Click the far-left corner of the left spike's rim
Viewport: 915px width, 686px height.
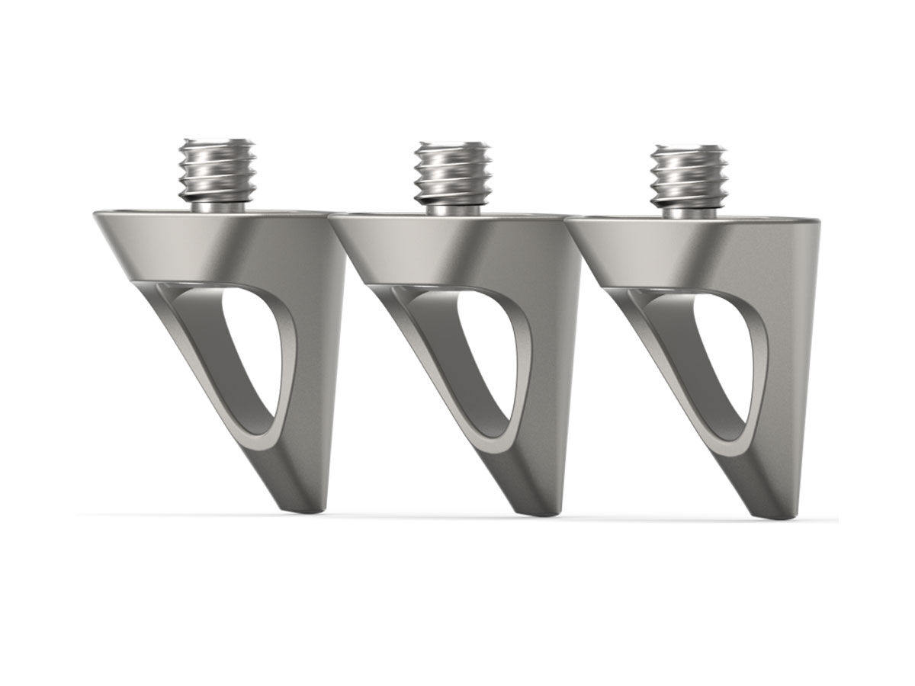95,215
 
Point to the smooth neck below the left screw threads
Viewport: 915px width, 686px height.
217,205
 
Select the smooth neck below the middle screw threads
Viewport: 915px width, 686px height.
452,207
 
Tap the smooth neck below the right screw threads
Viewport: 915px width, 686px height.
688,210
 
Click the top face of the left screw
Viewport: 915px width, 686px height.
218,143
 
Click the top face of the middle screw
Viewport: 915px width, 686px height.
453,145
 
